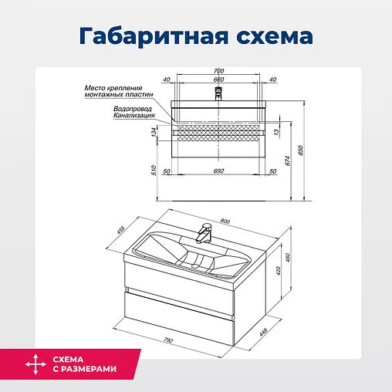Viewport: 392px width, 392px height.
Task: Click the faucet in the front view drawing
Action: pyautogui.click(x=218, y=93)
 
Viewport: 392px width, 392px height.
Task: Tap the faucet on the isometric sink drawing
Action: pyautogui.click(x=205, y=231)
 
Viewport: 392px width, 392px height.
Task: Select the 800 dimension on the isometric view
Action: pyautogui.click(x=225, y=222)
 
